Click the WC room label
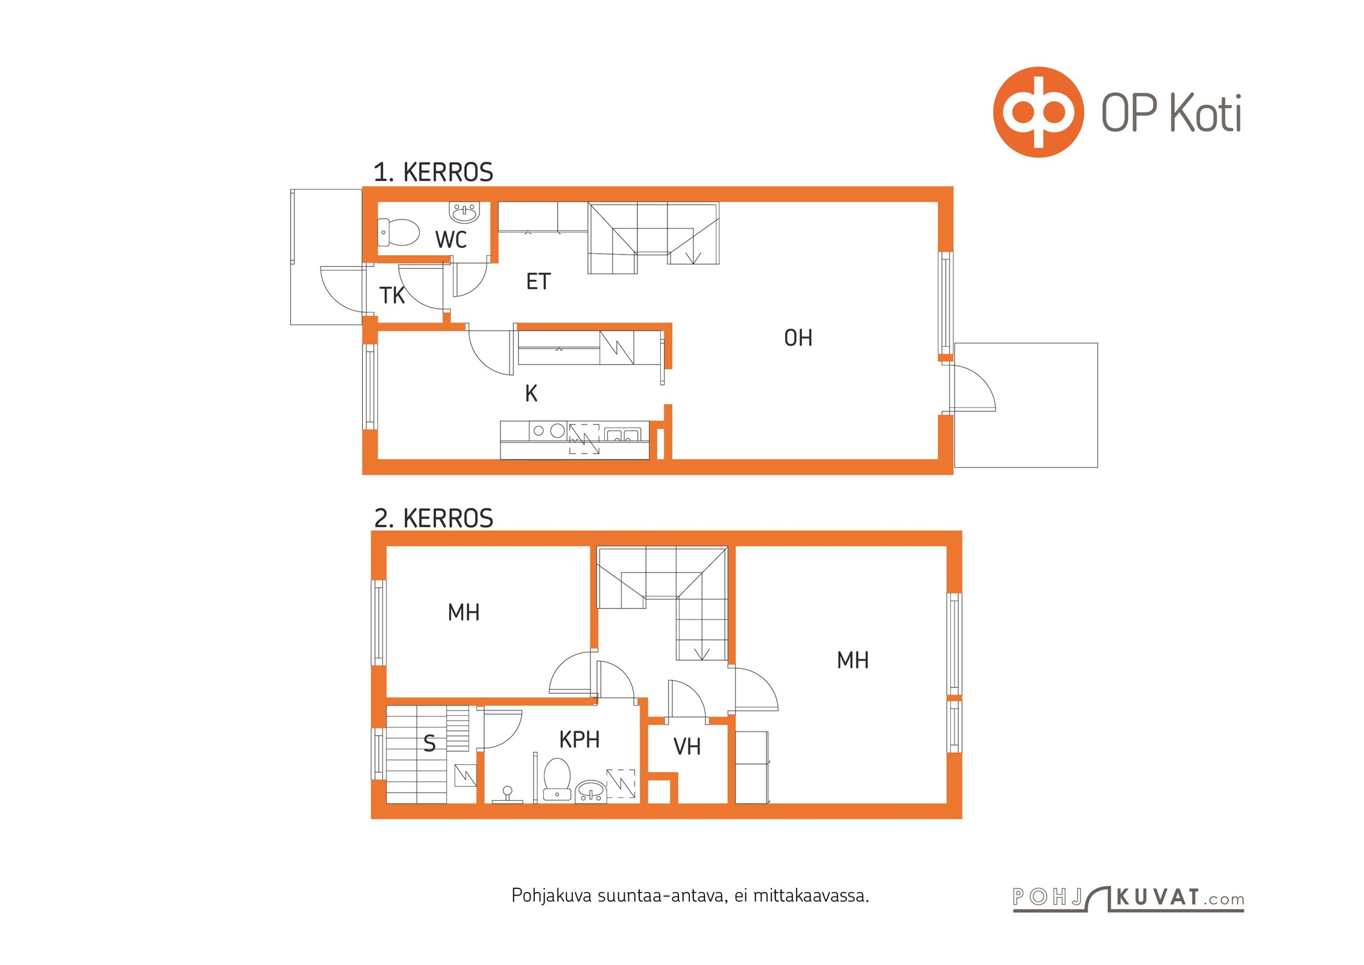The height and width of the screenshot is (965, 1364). pos(451,239)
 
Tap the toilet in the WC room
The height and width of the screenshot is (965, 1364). pos(398,232)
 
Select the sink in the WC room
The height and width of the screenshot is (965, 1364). pos(464,212)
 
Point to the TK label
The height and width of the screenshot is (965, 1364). pos(392,296)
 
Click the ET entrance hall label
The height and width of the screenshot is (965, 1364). pos(538,282)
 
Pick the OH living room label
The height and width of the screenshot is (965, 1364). pos(798,338)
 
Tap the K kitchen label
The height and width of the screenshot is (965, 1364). pos(531,393)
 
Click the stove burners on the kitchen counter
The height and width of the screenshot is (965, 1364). pos(549,431)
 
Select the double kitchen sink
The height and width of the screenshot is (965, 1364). pos(622,435)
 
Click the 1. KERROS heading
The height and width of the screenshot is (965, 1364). pos(433,172)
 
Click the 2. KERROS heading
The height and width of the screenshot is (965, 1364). pos(434,519)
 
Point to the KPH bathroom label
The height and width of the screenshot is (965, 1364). pos(579,739)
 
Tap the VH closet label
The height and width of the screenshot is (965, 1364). pos(687,747)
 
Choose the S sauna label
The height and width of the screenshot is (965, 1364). pos(429,744)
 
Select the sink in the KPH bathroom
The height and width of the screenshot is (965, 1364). pos(590,791)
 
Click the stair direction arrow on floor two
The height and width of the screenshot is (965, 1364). pos(703,653)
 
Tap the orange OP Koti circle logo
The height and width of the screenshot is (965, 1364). pos(1038,112)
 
